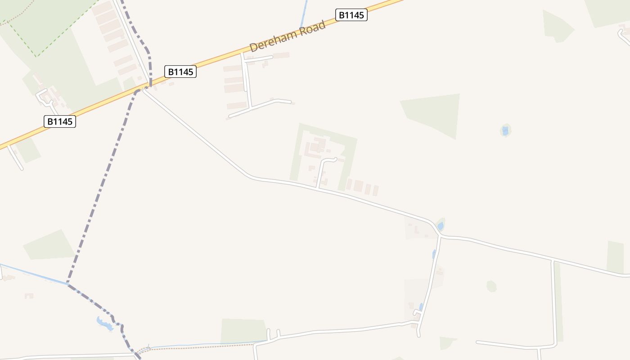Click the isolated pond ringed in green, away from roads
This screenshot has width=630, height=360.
505,131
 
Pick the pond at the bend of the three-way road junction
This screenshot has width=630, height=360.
441,226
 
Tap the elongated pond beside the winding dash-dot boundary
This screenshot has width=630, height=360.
105,323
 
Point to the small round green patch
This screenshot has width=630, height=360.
491,286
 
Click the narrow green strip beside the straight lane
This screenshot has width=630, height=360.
558,301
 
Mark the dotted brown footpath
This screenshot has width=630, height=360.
202,346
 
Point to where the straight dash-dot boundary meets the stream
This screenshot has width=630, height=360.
67,283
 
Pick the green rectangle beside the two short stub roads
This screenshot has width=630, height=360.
243,330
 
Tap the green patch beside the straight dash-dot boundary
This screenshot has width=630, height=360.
49,245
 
